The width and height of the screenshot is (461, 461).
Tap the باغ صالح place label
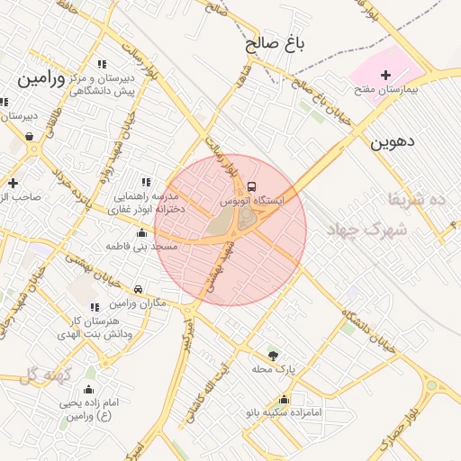point(275,42)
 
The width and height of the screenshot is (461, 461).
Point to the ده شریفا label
point(417,197)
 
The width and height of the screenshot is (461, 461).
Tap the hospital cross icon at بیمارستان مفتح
point(386,75)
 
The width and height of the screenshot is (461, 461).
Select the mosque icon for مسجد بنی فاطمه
point(141,234)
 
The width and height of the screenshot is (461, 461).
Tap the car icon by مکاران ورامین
point(138,290)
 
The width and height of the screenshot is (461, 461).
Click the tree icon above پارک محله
point(274,356)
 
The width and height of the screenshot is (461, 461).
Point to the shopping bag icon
point(31,137)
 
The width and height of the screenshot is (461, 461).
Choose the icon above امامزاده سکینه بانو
point(285,400)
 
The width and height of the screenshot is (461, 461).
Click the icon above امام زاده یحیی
point(89,390)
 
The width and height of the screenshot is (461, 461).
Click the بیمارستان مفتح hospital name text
point(386,92)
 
